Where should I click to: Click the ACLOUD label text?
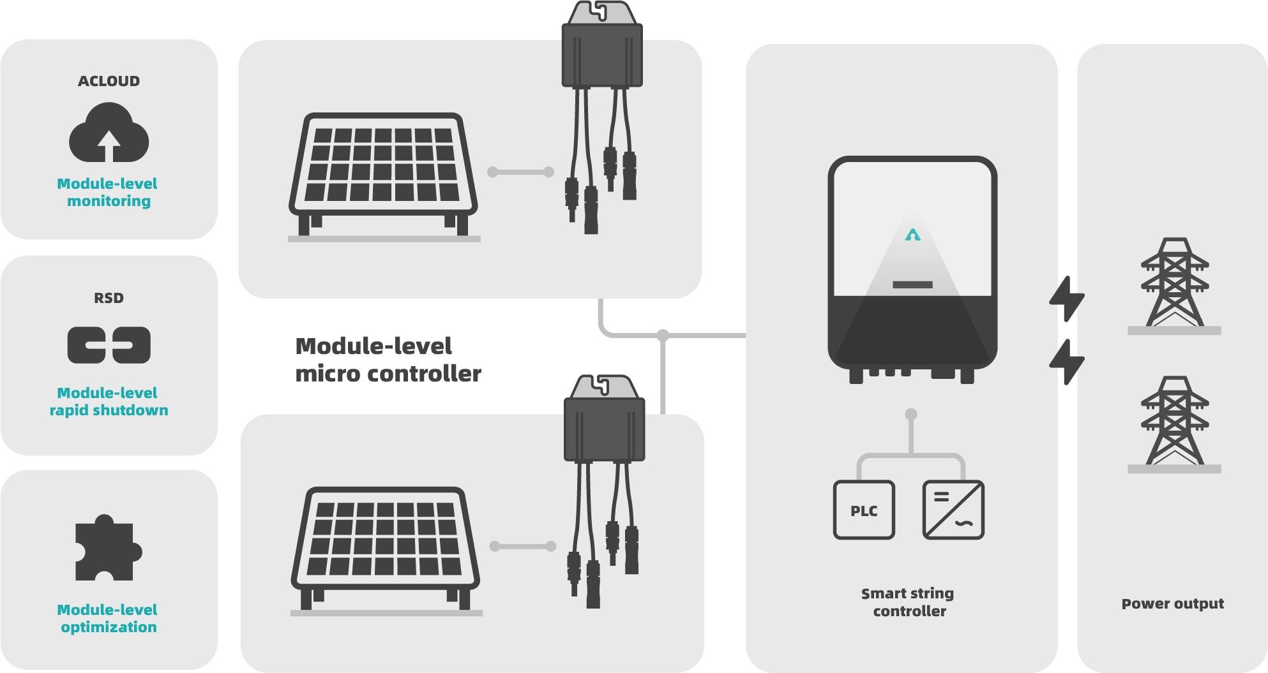coord(109,81)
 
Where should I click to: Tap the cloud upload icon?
coord(109,135)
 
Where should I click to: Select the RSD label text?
coord(109,298)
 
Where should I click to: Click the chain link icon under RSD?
coord(109,345)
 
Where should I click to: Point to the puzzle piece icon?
coord(107,549)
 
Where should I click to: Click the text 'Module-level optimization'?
coord(108,618)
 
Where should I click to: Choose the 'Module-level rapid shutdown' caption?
coord(109,401)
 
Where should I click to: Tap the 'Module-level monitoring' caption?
coord(108,192)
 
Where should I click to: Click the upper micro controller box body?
coord(602,54)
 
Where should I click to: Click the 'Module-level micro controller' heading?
coord(387,360)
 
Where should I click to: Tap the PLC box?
coord(864,510)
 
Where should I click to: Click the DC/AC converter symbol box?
coord(953,510)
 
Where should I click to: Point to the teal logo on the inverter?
coord(912,235)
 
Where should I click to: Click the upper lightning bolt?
coord(1066,299)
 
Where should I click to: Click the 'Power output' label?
coord(1172,603)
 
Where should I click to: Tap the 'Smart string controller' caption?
coord(909,602)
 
